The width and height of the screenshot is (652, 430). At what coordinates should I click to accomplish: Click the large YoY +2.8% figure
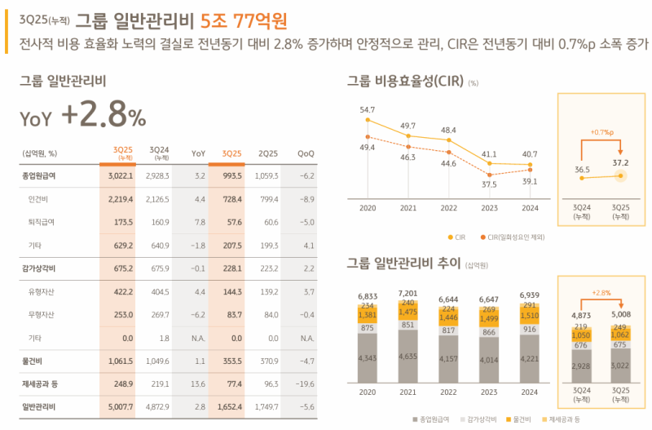pos(83,117)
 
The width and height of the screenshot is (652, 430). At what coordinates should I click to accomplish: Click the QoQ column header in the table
pos(306,153)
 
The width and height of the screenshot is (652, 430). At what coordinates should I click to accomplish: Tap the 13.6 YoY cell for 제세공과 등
pos(197,382)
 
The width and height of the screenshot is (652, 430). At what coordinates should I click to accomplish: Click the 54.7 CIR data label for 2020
pos(367,109)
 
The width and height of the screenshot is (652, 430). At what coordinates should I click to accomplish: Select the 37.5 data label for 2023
pos(489,184)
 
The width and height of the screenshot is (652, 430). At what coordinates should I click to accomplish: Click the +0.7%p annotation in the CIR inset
pos(601,131)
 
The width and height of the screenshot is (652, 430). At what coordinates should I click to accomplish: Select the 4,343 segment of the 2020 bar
pos(367,358)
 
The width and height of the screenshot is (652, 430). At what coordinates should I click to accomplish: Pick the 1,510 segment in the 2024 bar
pos(530,317)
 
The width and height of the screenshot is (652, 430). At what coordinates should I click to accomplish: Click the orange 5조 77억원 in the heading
pos(243,16)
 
